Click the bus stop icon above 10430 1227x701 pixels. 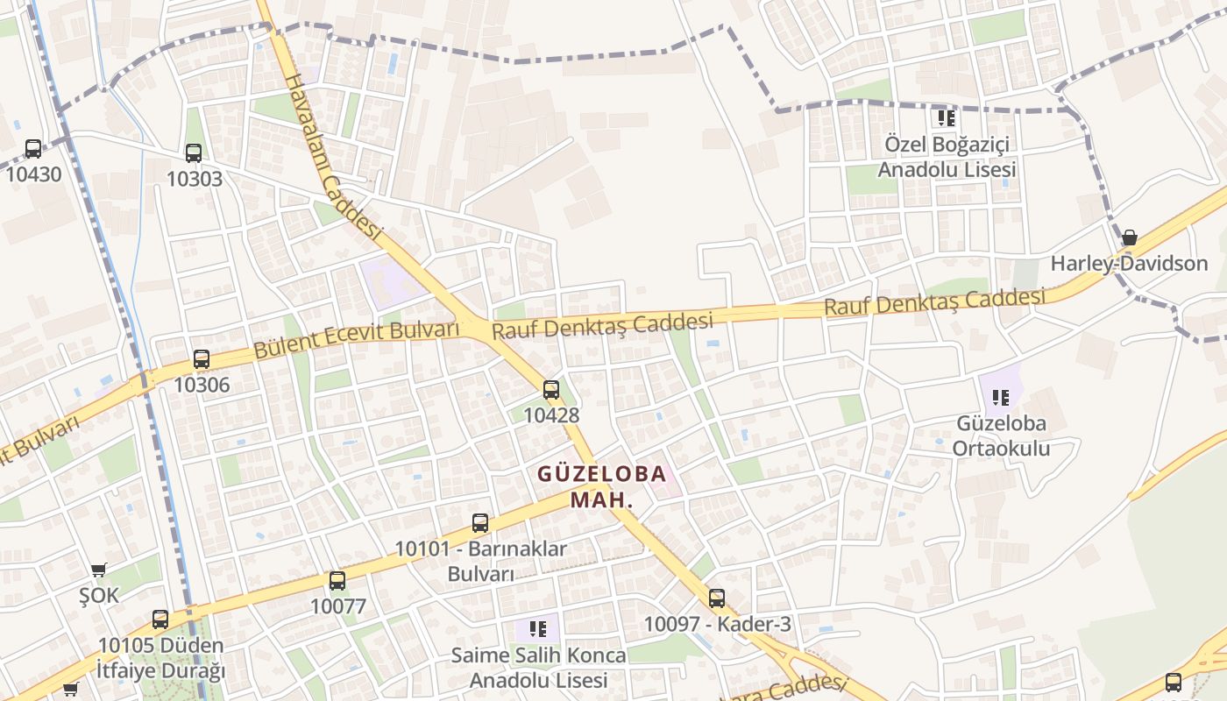(x=33, y=148)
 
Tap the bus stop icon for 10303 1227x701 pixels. (x=194, y=153)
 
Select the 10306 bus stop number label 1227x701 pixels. (x=202, y=385)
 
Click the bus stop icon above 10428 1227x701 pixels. (x=551, y=390)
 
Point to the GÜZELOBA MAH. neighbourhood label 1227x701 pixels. (x=601, y=487)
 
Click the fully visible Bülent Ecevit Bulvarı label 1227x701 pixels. (x=357, y=340)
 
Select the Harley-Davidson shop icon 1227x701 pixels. (x=1130, y=237)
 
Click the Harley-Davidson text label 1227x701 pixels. (x=1129, y=263)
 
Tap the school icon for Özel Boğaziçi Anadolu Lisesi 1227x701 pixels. (x=946, y=117)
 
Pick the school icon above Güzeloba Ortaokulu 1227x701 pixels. (x=1001, y=398)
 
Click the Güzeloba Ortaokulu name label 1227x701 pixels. (x=1003, y=436)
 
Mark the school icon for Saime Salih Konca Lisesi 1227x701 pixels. (x=538, y=628)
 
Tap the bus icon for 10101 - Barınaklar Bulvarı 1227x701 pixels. (x=480, y=523)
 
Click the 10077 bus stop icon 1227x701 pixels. (x=337, y=580)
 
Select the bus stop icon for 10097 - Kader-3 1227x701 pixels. (x=717, y=598)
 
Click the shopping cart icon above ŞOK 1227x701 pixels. (x=99, y=570)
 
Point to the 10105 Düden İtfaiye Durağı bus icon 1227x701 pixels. (x=160, y=620)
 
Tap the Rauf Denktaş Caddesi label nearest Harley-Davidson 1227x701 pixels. (x=934, y=301)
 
